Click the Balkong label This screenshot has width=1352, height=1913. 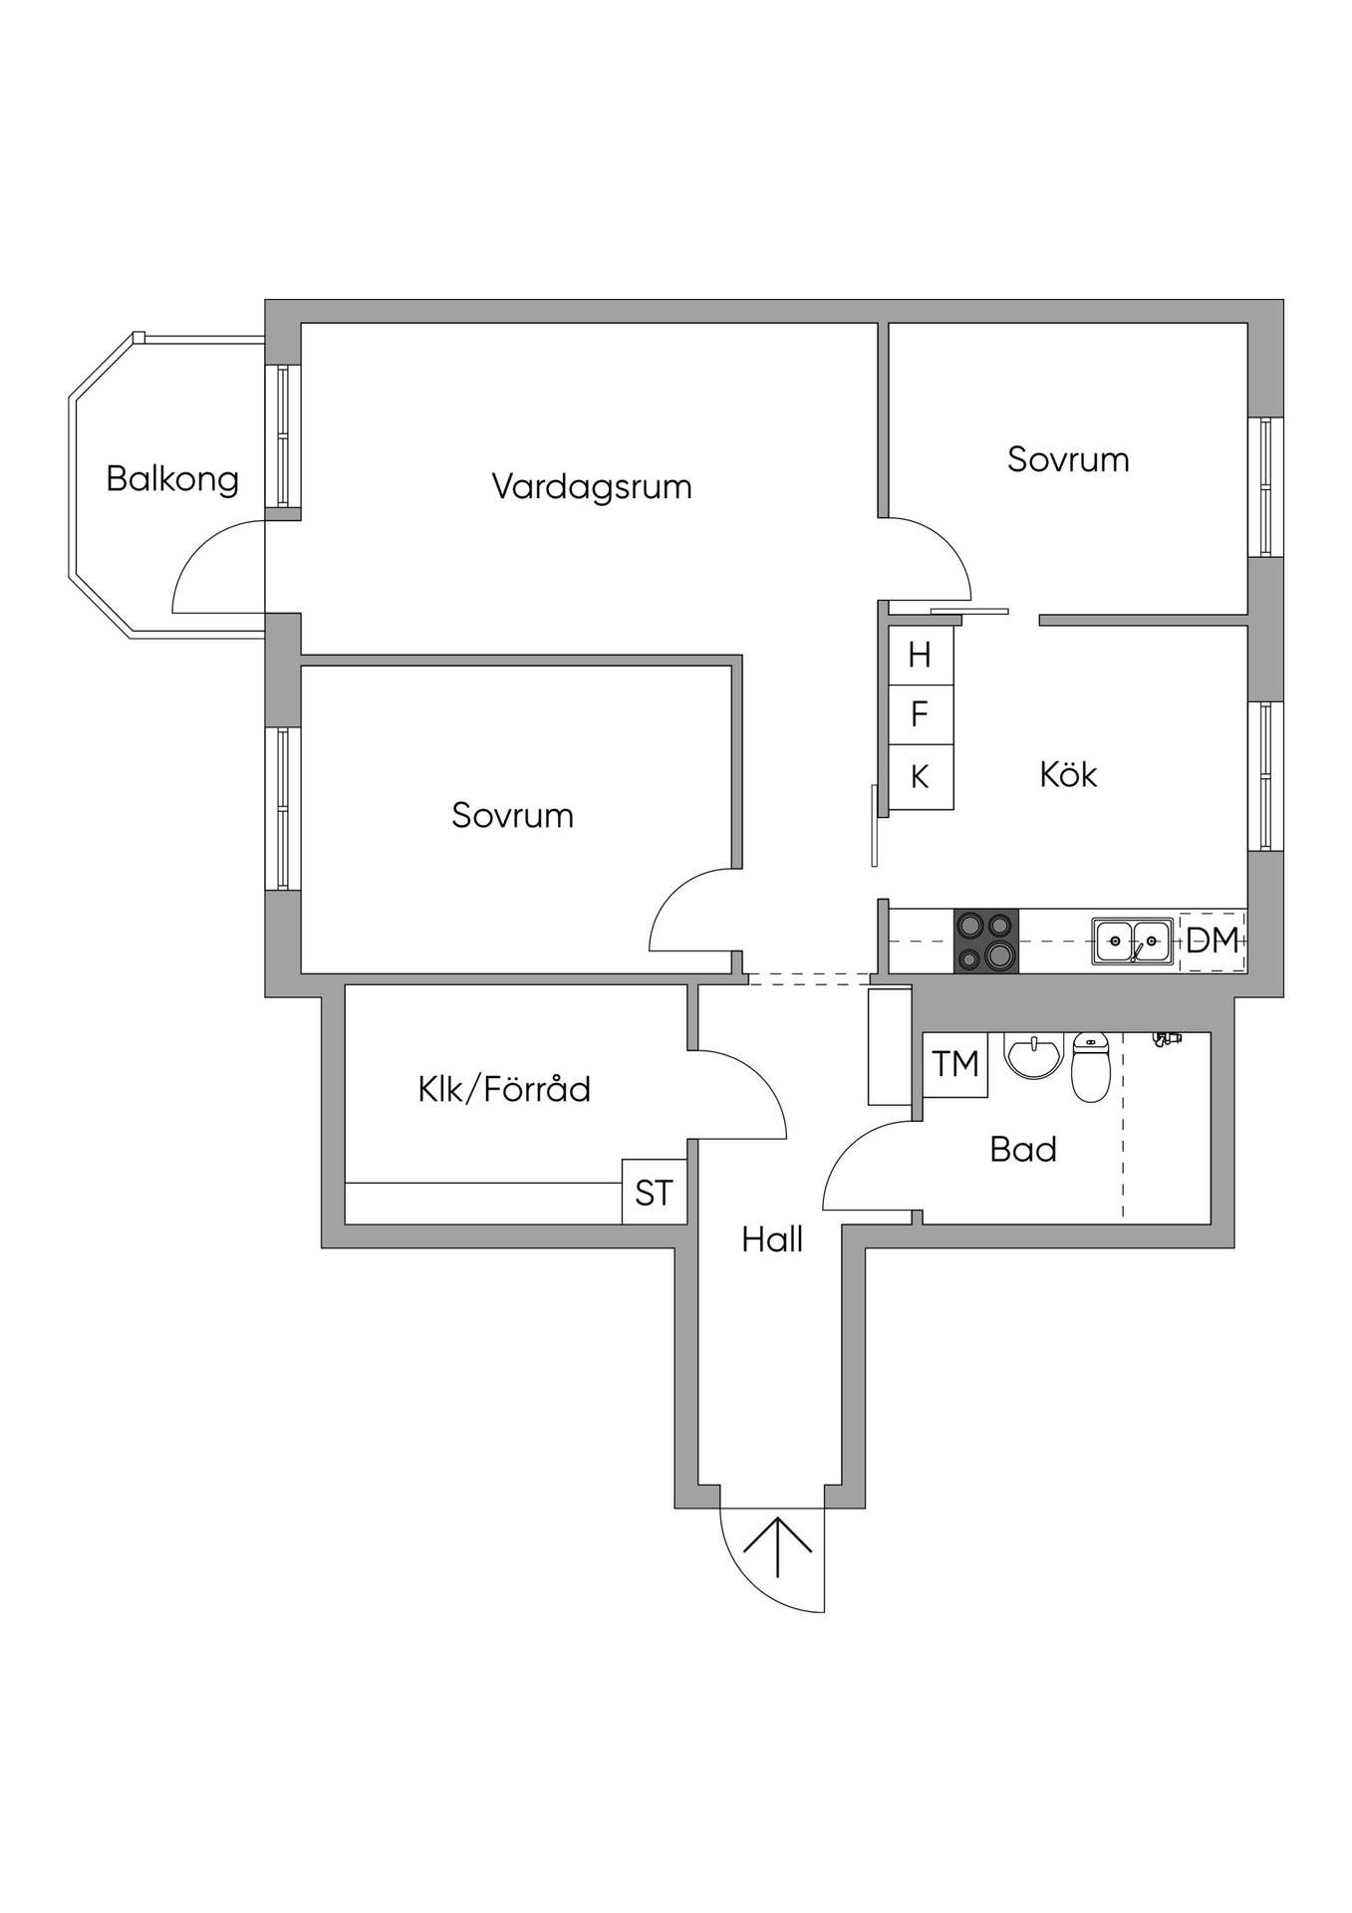[x=172, y=479]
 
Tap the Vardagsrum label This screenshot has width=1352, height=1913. [x=592, y=486]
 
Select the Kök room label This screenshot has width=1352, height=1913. [x=1068, y=774]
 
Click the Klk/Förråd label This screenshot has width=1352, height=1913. [x=504, y=1088]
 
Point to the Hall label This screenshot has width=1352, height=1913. [x=772, y=1239]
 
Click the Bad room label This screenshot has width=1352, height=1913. [x=1023, y=1150]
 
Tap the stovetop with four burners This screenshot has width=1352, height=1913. [x=986, y=941]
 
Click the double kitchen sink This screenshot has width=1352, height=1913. [x=1132, y=941]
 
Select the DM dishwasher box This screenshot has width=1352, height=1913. [x=1213, y=941]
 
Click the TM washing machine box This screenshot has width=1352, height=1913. [x=955, y=1064]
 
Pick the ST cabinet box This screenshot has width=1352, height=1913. [x=654, y=1192]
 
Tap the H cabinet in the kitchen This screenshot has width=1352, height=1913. [x=921, y=655]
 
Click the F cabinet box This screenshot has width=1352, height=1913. [x=921, y=714]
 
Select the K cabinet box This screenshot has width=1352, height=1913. [x=921, y=777]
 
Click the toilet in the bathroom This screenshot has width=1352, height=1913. [x=1091, y=1067]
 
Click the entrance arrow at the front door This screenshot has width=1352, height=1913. [x=777, y=1546]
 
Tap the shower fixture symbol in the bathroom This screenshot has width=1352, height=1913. [x=1166, y=1038]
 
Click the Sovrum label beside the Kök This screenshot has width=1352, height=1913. [x=1068, y=459]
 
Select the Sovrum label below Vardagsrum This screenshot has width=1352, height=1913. [x=512, y=815]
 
